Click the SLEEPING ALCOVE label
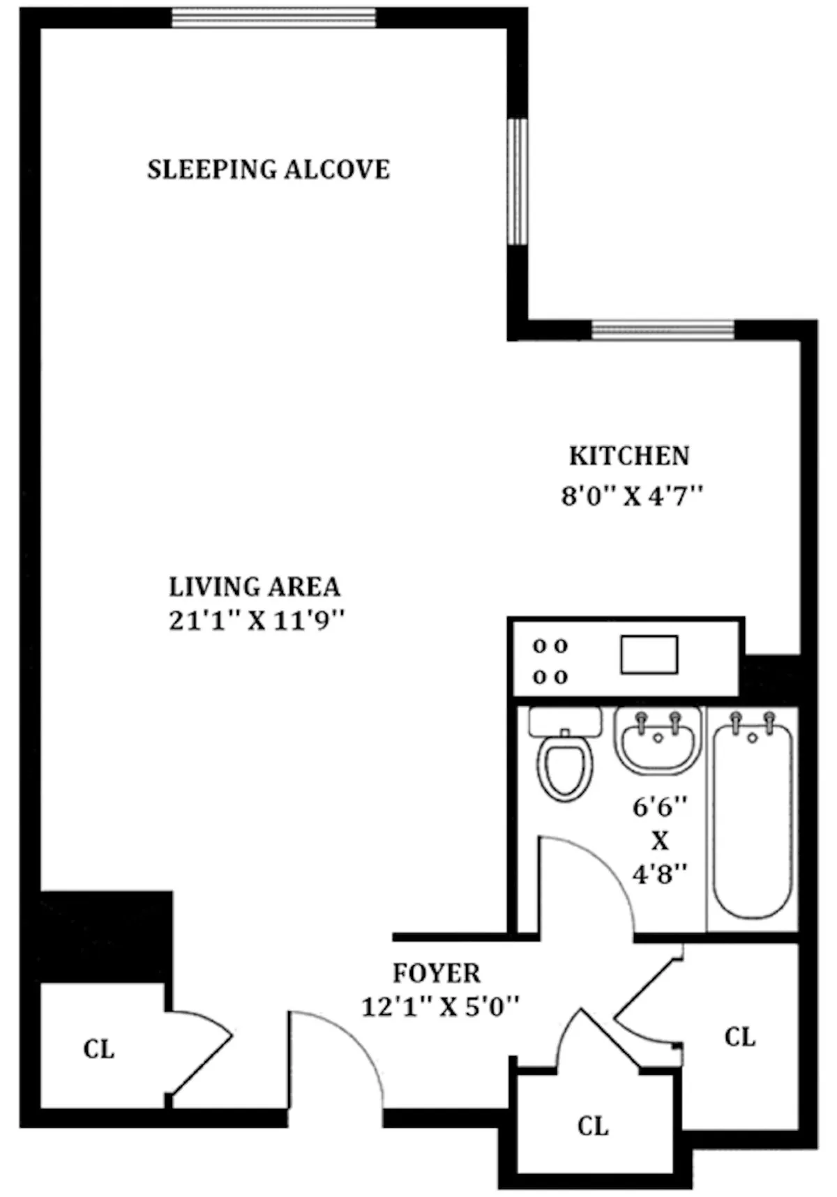coord(269,169)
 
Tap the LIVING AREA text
coord(255,587)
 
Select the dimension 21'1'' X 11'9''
coord(257,620)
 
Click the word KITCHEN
coord(629,456)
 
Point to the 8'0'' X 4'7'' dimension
coord(631,497)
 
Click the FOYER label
coord(436,973)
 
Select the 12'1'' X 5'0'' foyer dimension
coord(440,1007)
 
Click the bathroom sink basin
coord(657,742)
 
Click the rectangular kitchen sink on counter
coord(649,655)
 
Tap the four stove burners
coord(550,661)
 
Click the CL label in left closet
coord(98,1049)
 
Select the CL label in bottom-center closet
coord(592,1126)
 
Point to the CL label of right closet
coord(739,1037)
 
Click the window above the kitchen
coord(663,330)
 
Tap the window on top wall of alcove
coord(273,18)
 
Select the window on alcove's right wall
coord(517,182)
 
